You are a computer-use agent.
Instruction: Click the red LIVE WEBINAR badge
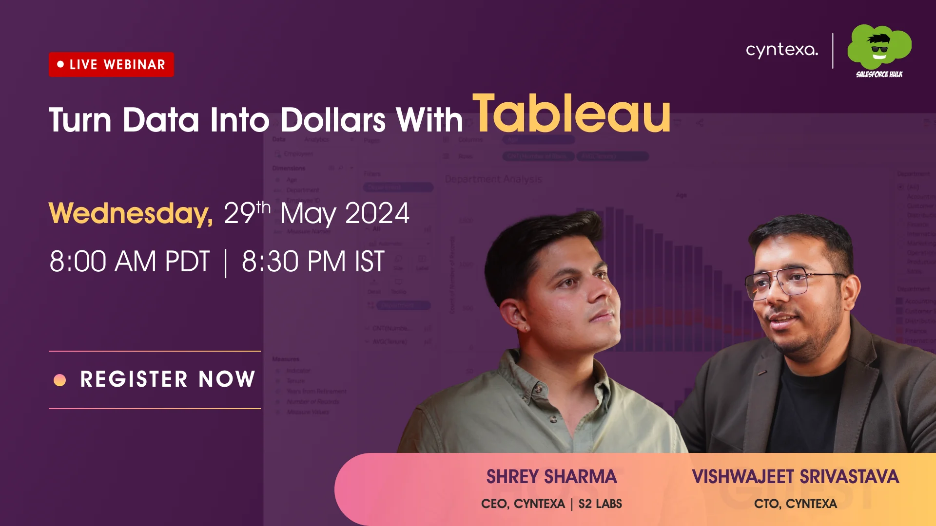tap(111, 64)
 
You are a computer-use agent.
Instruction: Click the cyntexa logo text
tap(781, 50)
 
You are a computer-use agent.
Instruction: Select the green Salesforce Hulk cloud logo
tap(879, 49)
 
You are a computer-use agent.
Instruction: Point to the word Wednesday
tap(130, 213)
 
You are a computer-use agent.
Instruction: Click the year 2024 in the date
tap(377, 213)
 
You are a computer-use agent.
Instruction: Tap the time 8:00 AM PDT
tap(129, 262)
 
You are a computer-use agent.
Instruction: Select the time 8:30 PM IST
tap(313, 262)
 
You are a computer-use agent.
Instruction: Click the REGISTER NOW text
tap(168, 379)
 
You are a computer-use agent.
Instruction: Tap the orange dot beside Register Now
tap(59, 380)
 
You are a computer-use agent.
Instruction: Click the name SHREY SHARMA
tap(551, 476)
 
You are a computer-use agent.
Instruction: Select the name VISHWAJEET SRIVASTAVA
tap(795, 476)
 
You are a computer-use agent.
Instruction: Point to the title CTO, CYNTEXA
tap(795, 504)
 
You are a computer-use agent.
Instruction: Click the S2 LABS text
tap(600, 504)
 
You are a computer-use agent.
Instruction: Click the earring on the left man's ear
tap(527, 328)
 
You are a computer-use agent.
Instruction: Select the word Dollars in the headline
tap(333, 120)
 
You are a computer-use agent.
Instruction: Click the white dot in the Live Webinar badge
tap(60, 64)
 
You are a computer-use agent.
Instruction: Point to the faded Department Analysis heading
tap(493, 179)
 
